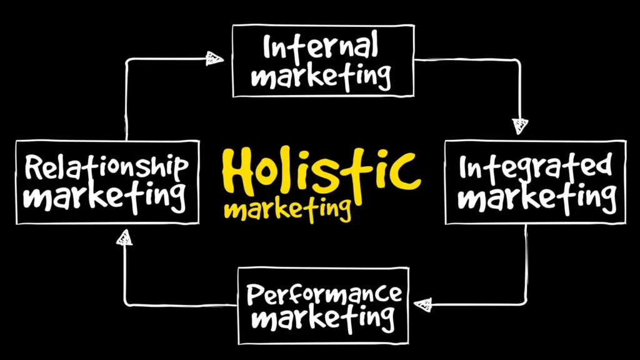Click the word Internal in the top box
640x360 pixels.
tap(321, 47)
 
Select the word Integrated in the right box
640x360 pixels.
tap(536, 166)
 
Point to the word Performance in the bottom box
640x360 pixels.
tap(324, 294)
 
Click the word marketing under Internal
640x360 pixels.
tap(321, 76)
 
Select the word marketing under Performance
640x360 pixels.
tap(322, 318)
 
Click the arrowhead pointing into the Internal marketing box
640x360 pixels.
tap(214, 58)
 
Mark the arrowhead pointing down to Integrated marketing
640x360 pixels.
tap(520, 126)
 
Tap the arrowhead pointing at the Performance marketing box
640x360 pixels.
tap(423, 304)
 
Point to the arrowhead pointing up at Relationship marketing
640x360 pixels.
tap(124, 238)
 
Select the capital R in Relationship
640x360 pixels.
tap(34, 167)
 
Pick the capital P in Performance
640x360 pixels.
tap(255, 294)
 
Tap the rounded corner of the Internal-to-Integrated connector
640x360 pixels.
tap(517, 62)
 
